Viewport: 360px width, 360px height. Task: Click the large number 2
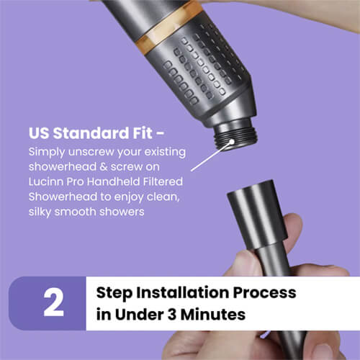pyautogui.click(x=53, y=303)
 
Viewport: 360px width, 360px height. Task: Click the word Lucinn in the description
pyautogui.click(x=47, y=182)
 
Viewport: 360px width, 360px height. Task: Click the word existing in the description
pyautogui.click(x=163, y=152)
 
